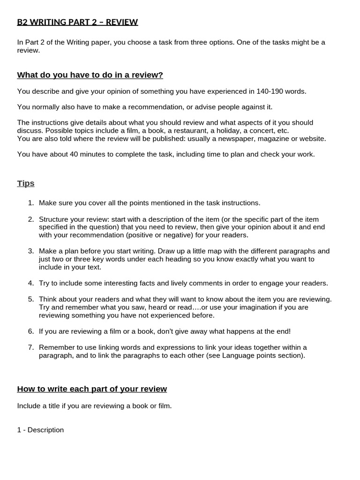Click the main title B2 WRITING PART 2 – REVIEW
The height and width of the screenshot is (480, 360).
point(77,22)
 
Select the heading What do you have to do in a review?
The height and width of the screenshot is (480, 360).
point(90,75)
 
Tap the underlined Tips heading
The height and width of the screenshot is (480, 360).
point(26,183)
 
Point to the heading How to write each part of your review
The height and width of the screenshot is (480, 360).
point(92,389)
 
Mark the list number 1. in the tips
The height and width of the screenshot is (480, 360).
point(31,203)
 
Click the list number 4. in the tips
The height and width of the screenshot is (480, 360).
point(31,283)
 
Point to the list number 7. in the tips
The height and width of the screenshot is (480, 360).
point(31,347)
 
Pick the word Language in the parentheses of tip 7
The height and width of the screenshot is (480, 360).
point(239,355)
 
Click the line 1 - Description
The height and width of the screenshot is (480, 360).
point(40,430)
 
